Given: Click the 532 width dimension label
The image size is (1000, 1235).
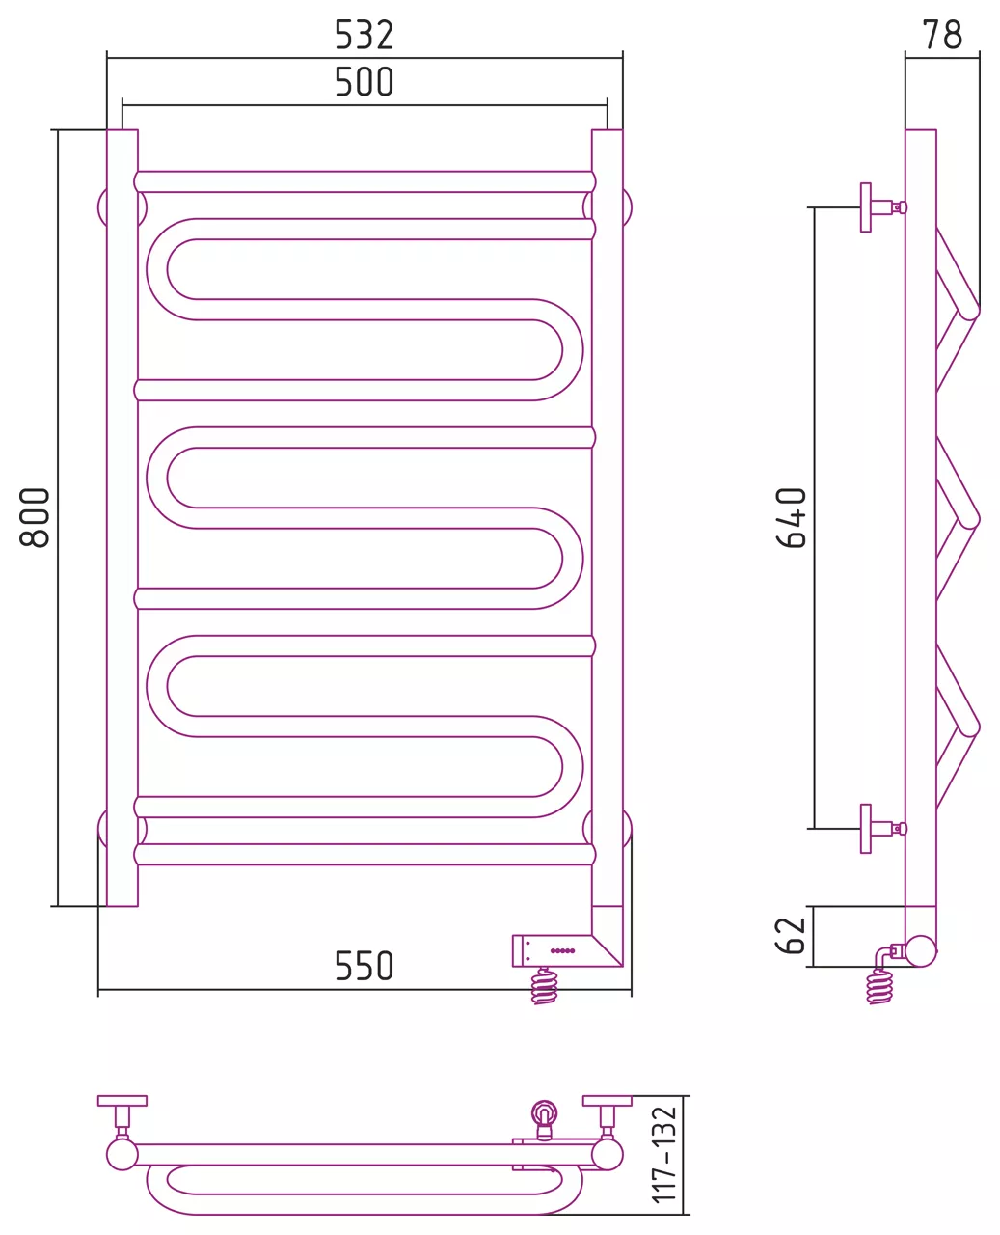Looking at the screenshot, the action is pyautogui.click(x=364, y=35).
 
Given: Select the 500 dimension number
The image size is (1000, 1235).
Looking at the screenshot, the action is pyautogui.click(x=364, y=82).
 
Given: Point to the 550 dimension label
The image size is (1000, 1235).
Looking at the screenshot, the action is pyautogui.click(x=364, y=966).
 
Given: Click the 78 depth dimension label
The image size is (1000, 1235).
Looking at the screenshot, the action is pyautogui.click(x=943, y=35).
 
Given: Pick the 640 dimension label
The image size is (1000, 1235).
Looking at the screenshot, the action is pyautogui.click(x=791, y=518).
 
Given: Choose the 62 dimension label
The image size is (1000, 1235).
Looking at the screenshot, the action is pyautogui.click(x=791, y=936).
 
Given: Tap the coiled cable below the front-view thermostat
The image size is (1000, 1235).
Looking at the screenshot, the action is pyautogui.click(x=544, y=985).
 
